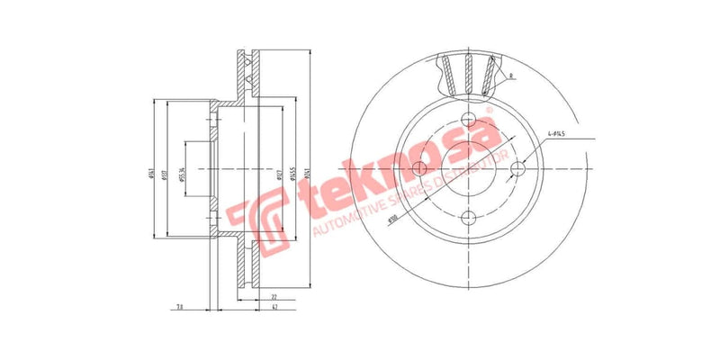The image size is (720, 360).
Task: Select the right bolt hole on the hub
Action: click(x=518, y=169)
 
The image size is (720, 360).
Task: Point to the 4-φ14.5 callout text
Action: click(x=562, y=136)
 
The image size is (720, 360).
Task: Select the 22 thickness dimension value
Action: click(x=274, y=296)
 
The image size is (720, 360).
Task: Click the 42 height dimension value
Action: click(x=274, y=309)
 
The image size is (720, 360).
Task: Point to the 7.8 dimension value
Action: click(x=180, y=309)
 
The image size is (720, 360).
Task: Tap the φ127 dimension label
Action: click(x=280, y=172)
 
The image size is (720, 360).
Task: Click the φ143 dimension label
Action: click(x=150, y=172)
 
